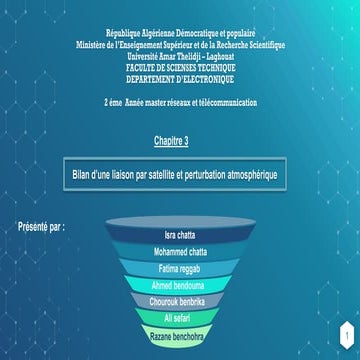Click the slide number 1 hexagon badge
(343, 331)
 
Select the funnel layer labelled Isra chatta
(182, 234)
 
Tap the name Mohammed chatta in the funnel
(182, 252)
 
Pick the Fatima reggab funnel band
(182, 268)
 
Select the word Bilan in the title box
(83, 173)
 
